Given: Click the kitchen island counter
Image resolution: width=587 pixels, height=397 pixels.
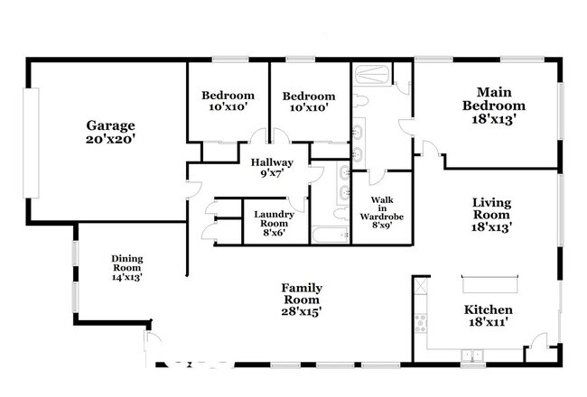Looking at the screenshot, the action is click(490, 284).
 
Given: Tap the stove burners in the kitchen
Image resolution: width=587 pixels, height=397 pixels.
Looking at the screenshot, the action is click(421, 323).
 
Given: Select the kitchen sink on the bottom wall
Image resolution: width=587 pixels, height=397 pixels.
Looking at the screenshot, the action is click(472, 355).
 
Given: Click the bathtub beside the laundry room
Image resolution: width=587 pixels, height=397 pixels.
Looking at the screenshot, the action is click(331, 235).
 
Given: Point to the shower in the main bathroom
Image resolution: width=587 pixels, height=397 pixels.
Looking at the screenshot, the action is click(372, 75).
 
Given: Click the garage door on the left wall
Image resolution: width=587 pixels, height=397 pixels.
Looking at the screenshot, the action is click(31, 143).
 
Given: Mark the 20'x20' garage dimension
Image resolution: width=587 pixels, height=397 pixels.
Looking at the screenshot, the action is click(110, 139).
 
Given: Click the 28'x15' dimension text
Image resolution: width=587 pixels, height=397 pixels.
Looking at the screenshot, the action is click(302, 311).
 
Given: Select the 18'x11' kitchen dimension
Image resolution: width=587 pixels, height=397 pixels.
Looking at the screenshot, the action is click(489, 322).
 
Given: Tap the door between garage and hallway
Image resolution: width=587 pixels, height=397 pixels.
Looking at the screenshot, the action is click(192, 189).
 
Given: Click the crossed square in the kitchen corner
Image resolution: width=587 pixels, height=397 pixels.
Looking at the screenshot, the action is click(421, 286).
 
